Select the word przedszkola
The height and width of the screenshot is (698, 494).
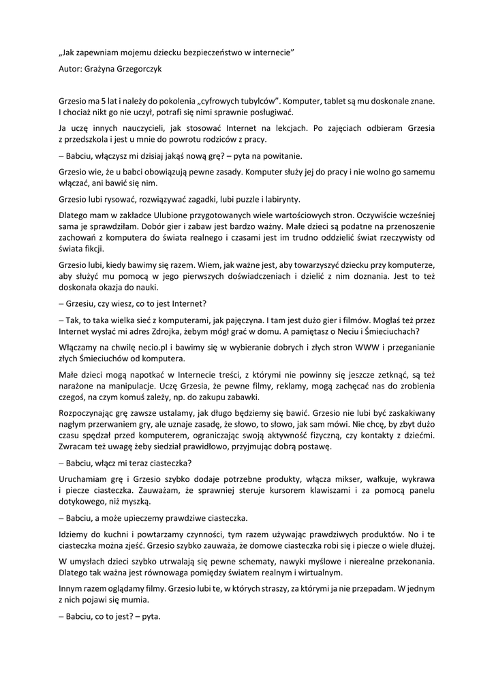94,139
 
